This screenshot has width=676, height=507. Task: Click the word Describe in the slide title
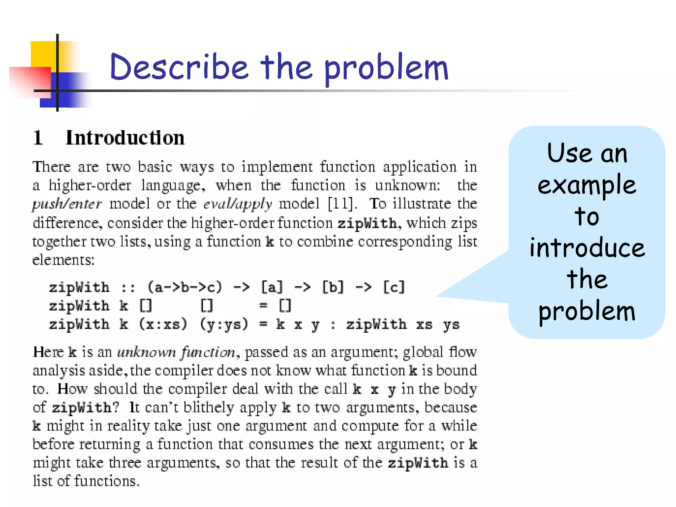click(x=179, y=67)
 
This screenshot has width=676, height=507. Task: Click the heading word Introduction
click(x=125, y=138)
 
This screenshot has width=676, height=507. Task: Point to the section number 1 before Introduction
click(x=38, y=138)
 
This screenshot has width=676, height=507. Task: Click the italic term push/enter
click(x=67, y=204)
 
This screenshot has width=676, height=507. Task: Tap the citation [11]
click(x=342, y=204)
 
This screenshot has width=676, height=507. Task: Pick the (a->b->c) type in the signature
click(x=185, y=287)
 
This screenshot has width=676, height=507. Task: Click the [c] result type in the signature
click(x=393, y=287)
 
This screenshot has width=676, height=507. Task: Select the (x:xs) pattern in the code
click(x=163, y=324)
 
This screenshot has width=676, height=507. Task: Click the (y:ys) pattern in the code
click(x=224, y=324)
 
